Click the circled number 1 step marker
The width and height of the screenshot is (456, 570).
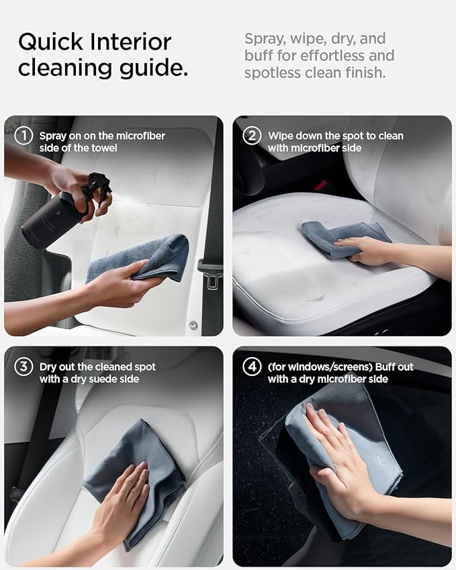[24, 136]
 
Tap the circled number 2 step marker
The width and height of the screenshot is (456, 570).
[252, 136]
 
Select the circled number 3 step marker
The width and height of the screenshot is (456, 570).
[24, 367]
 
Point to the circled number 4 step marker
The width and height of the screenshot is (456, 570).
[252, 367]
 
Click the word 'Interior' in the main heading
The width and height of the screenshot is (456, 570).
[130, 42]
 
